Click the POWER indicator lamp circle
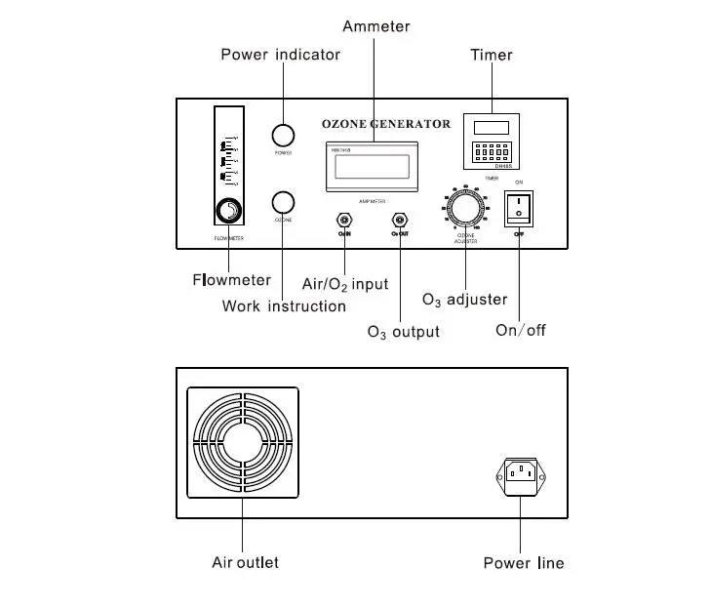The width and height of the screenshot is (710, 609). pos(283,135)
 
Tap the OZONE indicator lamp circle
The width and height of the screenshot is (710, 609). pos(283,202)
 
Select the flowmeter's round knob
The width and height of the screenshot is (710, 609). pos(229,211)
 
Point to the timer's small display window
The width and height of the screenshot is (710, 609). pos(491,126)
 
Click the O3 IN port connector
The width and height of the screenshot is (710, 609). pos(343,220)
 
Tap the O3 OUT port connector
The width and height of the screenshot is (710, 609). pos(399,220)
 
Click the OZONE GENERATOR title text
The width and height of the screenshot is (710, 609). pos(386,124)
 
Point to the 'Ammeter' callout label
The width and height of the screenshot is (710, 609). pos(376,26)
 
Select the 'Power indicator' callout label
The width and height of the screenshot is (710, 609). pos(281,54)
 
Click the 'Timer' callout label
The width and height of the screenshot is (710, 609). pos(492,55)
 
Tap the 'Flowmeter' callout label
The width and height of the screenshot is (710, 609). pos(231,280)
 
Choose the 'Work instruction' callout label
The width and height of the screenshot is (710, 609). pos(284,305)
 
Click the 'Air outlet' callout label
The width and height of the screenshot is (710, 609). pos(245,562)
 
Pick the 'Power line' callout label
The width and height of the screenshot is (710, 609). pos(524,563)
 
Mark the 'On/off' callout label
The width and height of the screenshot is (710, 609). pos(521,330)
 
